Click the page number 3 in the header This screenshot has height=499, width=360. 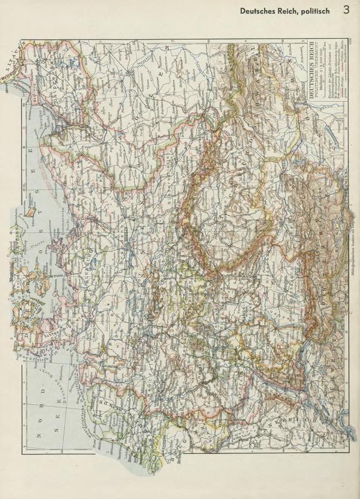click(x=347, y=10)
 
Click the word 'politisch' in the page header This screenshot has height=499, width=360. click(x=316, y=11)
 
